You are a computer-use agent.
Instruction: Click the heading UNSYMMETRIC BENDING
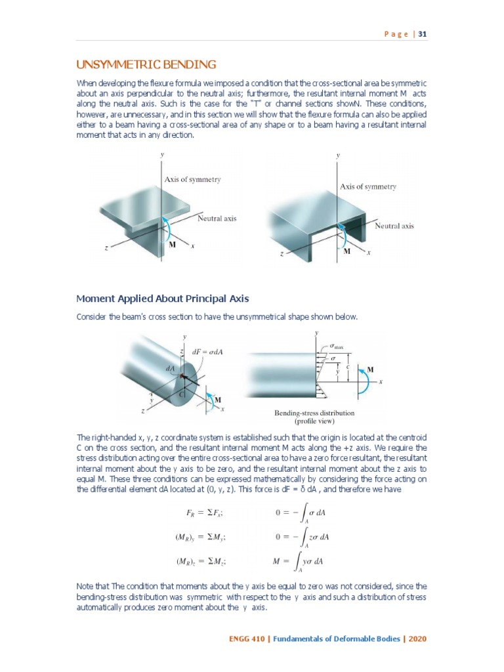click(x=146, y=64)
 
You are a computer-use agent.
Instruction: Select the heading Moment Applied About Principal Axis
click(x=163, y=299)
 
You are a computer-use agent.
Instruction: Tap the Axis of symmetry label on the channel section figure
click(x=368, y=186)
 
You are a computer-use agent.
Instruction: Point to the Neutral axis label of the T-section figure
click(x=217, y=218)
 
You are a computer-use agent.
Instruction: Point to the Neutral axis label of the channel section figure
click(x=394, y=226)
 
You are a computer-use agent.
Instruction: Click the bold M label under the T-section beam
click(x=173, y=244)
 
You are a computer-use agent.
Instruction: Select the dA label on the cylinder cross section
click(x=170, y=369)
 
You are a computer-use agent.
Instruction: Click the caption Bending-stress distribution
click(x=314, y=413)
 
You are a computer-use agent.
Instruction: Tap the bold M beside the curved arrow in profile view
click(x=370, y=369)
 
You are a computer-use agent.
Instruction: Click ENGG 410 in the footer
click(x=247, y=638)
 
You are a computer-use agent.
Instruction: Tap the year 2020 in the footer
click(x=418, y=638)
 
